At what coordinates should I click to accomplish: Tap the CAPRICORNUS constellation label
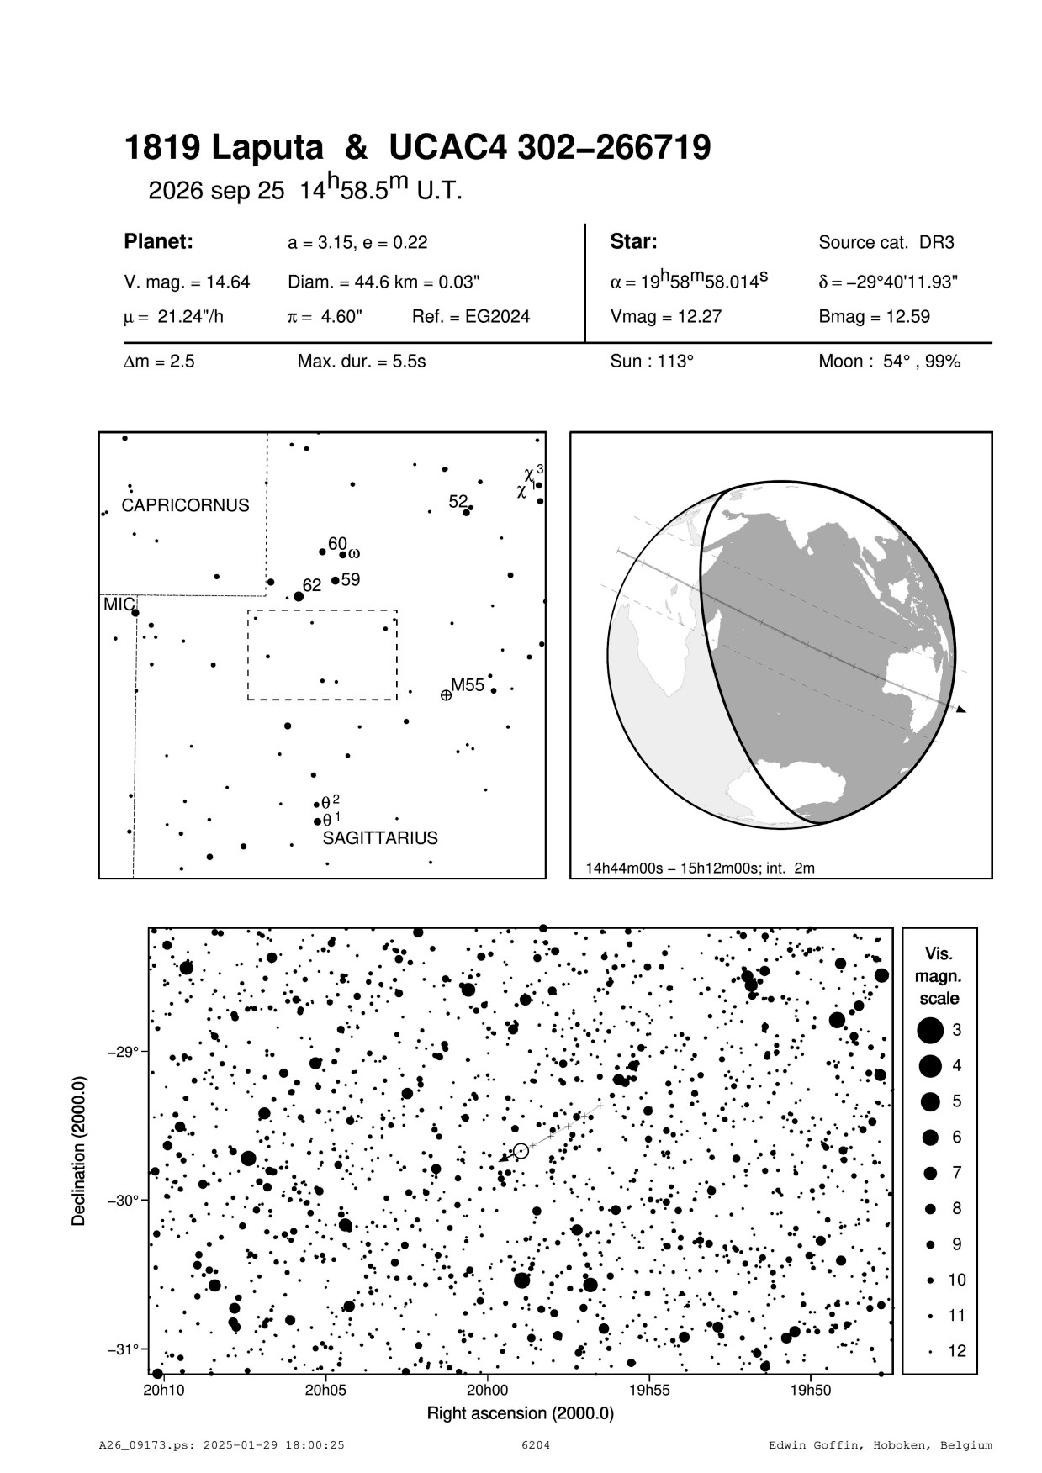tap(185, 505)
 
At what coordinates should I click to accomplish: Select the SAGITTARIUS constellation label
tap(380, 838)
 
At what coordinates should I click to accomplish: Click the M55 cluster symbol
tap(446, 694)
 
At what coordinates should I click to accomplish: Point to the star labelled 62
tap(299, 596)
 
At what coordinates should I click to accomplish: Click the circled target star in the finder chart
tap(521, 1151)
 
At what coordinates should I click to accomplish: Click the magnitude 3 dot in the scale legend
tap(930, 1030)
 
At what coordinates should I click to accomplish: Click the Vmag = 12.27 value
tap(665, 317)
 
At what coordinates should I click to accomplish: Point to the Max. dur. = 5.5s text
tap(362, 362)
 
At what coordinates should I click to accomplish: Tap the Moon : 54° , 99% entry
tap(889, 362)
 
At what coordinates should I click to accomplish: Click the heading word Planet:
tap(159, 242)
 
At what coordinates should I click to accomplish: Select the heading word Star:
tap(633, 242)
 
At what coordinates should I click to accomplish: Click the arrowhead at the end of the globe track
tap(961, 710)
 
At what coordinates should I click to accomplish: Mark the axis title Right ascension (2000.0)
tap(521, 1413)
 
